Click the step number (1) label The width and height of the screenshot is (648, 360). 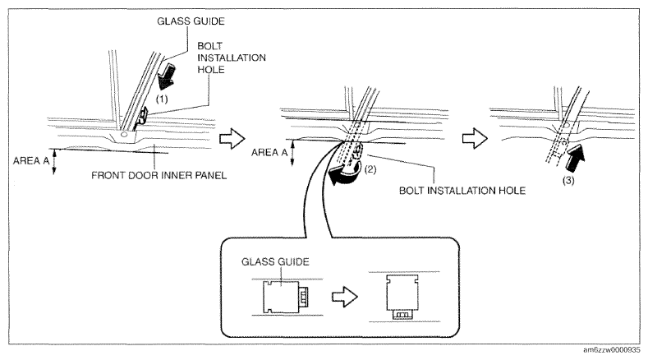(162, 99)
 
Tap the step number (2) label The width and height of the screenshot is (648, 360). (370, 169)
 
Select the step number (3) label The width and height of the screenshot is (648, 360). (568, 181)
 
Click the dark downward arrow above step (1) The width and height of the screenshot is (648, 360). (167, 76)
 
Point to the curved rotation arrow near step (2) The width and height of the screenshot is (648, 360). (345, 176)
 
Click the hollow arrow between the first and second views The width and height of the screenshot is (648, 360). (232, 139)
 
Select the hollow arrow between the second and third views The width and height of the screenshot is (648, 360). (475, 138)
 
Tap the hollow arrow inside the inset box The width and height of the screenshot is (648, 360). (345, 297)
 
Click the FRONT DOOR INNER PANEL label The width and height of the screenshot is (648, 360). (159, 175)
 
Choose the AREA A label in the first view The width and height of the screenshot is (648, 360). (31, 160)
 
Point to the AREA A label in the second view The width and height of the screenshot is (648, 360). (269, 152)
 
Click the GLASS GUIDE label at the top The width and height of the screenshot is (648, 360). (191, 21)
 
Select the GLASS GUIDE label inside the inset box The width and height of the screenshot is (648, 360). (275, 261)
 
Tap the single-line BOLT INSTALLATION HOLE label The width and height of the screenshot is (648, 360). (462, 191)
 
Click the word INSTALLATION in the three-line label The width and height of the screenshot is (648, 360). (232, 58)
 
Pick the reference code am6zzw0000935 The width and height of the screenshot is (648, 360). (612, 350)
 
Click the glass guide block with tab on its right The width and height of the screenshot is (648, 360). (285, 297)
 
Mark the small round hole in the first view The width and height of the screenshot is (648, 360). (123, 136)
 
